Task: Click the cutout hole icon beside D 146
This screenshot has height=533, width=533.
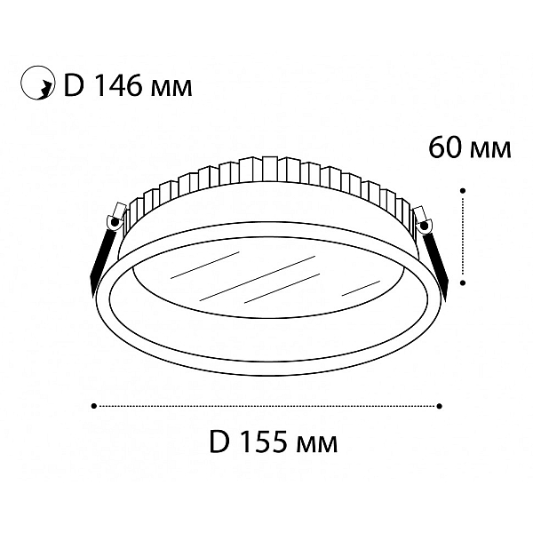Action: pos(37,83)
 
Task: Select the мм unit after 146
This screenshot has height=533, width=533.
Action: pos(170,88)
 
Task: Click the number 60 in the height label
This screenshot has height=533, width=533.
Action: pos(443,147)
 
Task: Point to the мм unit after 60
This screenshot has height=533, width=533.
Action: pos(489,150)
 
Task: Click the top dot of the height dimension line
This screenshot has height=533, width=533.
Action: pos(463,190)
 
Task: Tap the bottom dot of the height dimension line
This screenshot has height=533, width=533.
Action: pos(463,282)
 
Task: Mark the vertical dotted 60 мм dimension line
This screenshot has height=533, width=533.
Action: pos(463,236)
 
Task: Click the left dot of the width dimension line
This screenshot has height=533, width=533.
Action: pos(94,406)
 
